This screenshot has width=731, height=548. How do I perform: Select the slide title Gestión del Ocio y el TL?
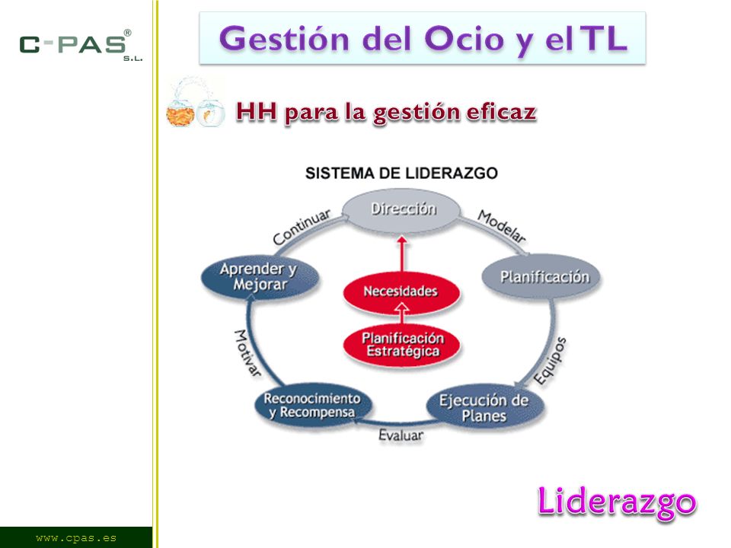click(423, 39)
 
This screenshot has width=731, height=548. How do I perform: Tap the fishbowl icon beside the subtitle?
click(196, 104)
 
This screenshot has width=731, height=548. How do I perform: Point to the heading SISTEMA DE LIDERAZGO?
click(401, 174)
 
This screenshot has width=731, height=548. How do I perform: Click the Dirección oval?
click(402, 210)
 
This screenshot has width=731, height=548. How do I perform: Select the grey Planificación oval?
click(541, 277)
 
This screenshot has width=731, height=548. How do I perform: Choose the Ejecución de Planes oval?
click(485, 406)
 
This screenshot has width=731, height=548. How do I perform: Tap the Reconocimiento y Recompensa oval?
click(313, 405)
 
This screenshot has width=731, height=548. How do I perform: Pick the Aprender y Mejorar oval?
click(260, 276)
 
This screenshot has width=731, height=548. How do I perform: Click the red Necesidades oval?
click(401, 292)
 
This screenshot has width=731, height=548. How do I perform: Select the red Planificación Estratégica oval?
click(401, 344)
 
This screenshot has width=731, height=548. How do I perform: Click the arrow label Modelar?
click(502, 226)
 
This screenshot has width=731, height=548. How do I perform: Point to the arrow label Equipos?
click(550, 361)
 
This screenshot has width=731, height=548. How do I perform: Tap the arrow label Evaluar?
click(401, 435)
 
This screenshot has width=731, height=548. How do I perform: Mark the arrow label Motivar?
click(247, 352)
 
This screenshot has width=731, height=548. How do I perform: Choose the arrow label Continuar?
click(302, 227)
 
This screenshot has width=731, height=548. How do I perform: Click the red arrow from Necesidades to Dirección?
click(402, 254)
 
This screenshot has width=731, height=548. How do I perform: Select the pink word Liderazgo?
click(617, 502)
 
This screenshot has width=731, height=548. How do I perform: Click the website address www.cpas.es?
click(76, 538)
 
